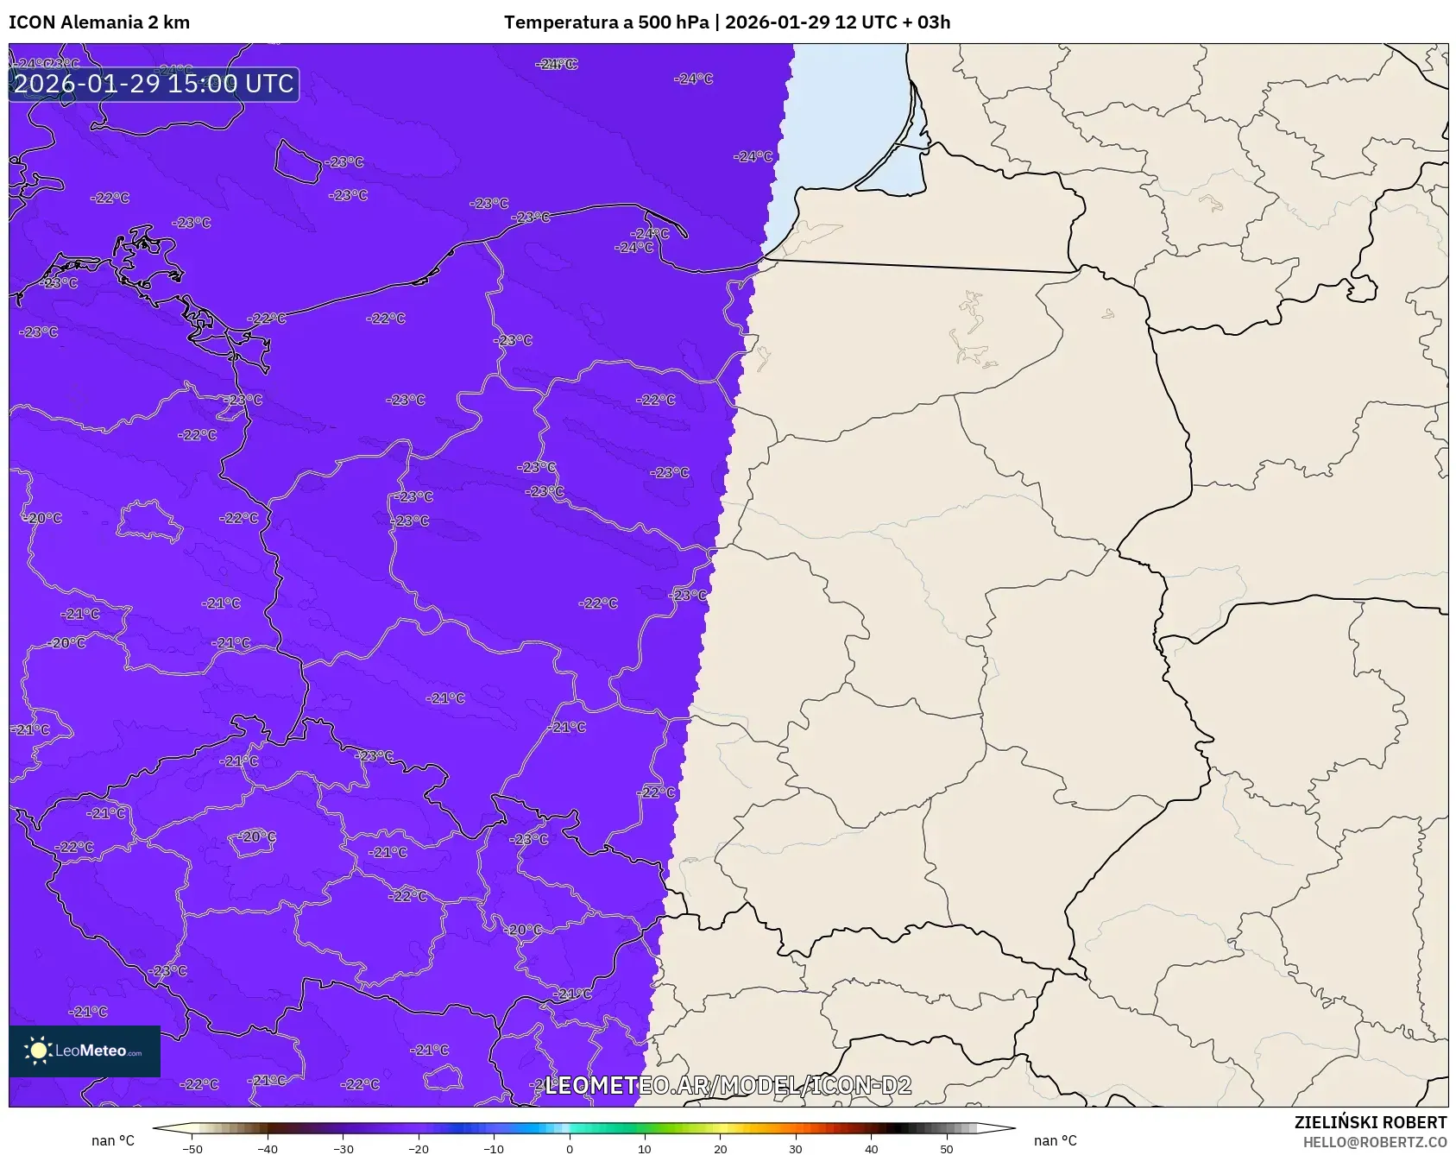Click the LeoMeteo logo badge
tap(85, 1051)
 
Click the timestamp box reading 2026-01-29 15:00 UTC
tap(154, 84)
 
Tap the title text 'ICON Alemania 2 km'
tap(99, 22)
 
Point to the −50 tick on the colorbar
tap(192, 1148)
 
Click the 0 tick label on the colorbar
tap(570, 1148)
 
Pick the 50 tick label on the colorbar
tap(947, 1148)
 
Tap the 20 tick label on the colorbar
tap(721, 1148)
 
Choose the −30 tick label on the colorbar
tap(344, 1148)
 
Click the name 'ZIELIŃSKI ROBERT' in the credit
tap(1370, 1122)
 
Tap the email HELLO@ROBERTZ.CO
tap(1374, 1142)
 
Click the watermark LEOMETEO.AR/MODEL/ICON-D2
tap(728, 1085)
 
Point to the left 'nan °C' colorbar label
tap(113, 1140)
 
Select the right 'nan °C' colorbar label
tap(1055, 1140)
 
